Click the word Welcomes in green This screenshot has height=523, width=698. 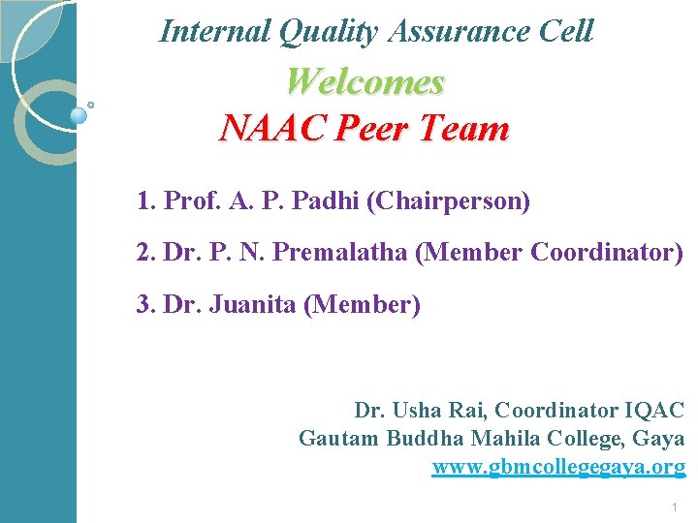tap(365, 81)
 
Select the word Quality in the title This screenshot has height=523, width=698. tap(327, 31)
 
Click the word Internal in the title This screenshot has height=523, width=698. tap(214, 31)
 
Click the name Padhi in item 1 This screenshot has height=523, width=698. tap(323, 202)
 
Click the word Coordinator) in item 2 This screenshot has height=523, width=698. tap(608, 254)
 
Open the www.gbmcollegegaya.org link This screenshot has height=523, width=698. tap(558, 467)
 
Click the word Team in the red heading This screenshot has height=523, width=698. tap(469, 128)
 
